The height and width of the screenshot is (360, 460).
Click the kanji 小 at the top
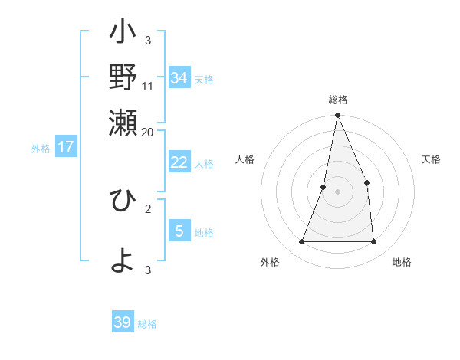tap(123, 34)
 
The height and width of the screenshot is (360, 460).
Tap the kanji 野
tap(123, 78)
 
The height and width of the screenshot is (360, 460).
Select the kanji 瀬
tap(123, 122)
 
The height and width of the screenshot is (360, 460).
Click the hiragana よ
tap(123, 260)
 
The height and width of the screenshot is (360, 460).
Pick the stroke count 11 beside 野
tap(148, 86)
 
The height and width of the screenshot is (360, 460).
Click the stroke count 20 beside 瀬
tap(148, 132)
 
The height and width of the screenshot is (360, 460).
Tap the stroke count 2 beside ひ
tap(148, 208)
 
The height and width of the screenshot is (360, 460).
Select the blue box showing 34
tap(179, 77)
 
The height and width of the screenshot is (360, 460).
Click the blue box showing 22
tap(179, 162)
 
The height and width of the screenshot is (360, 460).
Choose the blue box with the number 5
tap(179, 231)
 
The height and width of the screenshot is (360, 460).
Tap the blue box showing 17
tap(66, 147)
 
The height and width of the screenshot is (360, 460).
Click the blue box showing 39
tap(123, 322)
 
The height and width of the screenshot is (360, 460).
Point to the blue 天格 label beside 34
tap(204, 80)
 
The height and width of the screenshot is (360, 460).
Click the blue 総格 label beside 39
tap(147, 325)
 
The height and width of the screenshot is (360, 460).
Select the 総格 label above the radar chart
tap(337, 100)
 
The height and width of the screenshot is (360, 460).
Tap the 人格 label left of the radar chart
tap(245, 159)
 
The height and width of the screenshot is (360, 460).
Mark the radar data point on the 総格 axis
tap(337, 116)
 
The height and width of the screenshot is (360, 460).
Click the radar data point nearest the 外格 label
tap(301, 242)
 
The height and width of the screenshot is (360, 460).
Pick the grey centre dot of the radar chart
tap(337, 191)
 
